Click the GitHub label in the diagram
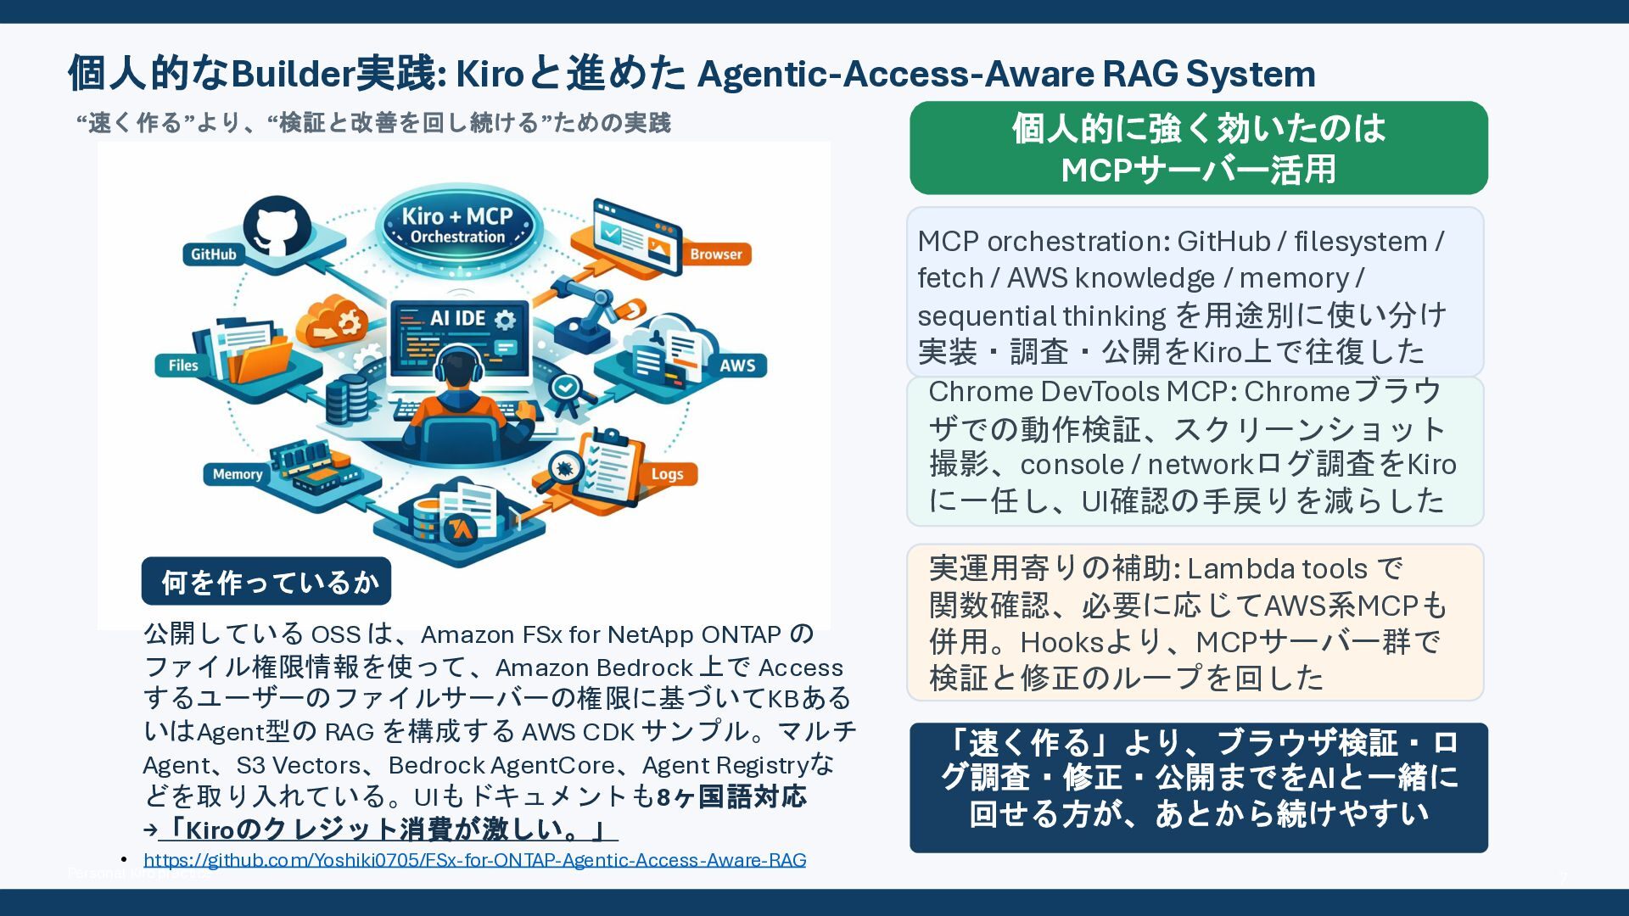click(213, 254)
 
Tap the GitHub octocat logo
click(277, 226)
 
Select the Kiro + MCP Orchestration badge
click(457, 226)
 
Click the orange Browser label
click(715, 254)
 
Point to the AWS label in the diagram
click(737, 366)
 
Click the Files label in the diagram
click(183, 366)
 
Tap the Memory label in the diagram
click(237, 474)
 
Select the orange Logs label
click(667, 474)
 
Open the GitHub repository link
click(474, 860)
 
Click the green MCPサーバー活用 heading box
click(1198, 148)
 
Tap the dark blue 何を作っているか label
click(266, 582)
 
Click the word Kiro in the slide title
click(490, 75)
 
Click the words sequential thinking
click(1041, 316)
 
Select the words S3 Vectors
click(299, 765)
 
